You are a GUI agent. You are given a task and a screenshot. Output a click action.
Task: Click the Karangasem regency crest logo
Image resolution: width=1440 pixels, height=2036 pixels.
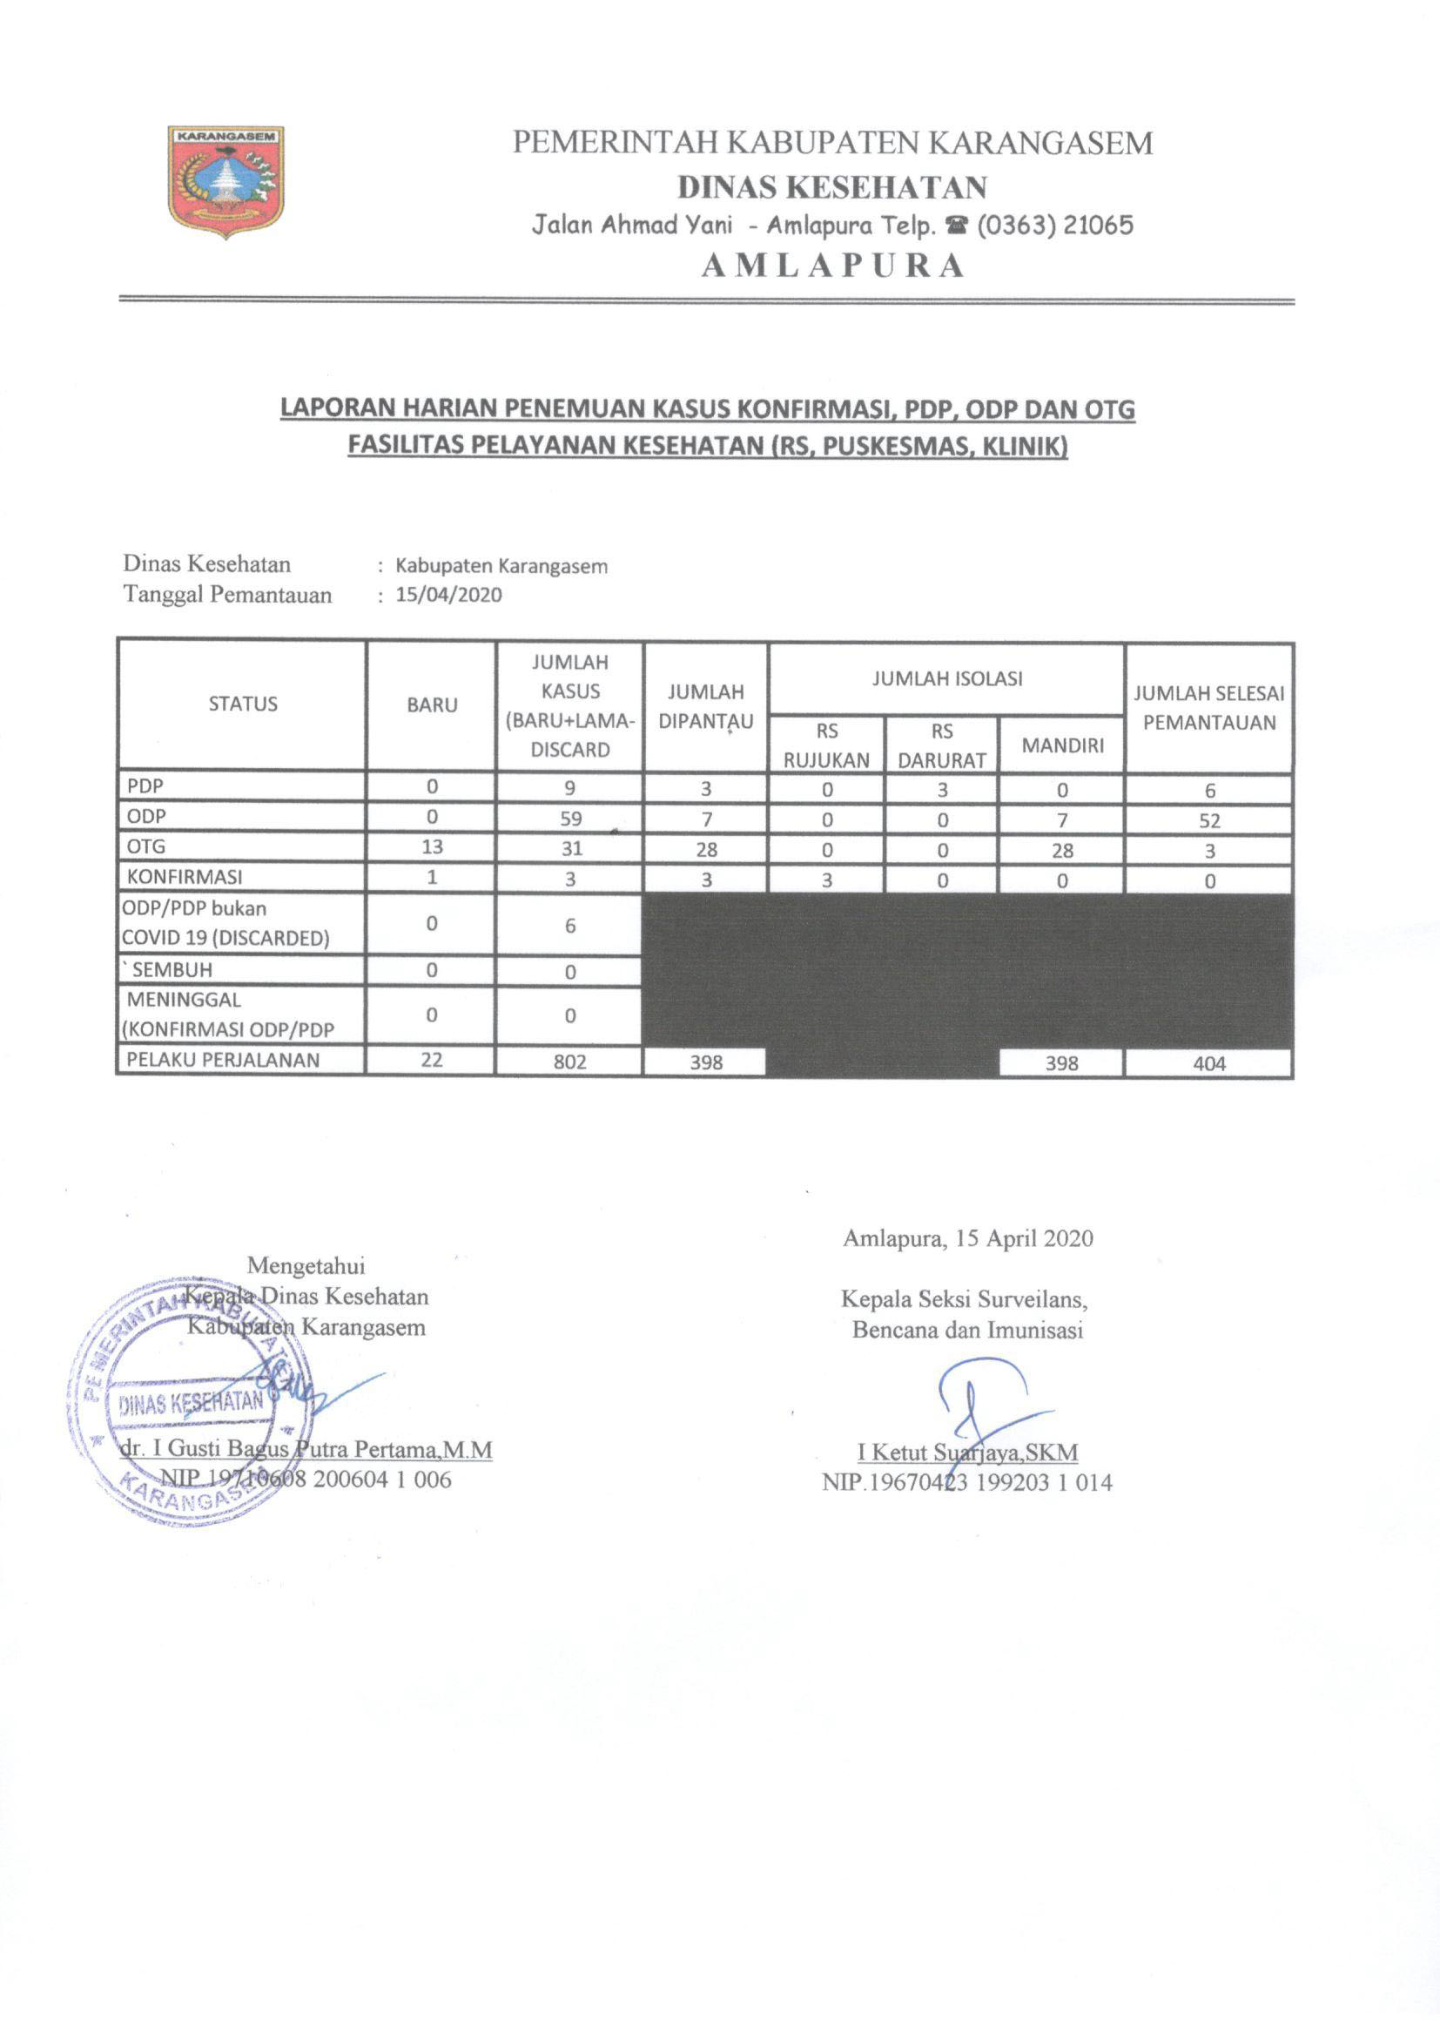227,181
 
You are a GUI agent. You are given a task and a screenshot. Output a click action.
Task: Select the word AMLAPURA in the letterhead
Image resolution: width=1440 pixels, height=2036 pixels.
831,266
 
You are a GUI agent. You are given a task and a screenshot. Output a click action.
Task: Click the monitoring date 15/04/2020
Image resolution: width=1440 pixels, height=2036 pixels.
448,595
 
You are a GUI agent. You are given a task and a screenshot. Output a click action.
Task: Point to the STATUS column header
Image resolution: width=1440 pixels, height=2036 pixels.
243,705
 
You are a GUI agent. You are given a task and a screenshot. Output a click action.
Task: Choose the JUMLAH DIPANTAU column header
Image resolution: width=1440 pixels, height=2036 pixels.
706,707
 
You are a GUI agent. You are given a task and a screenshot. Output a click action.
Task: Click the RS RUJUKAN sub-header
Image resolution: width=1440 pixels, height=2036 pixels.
826,745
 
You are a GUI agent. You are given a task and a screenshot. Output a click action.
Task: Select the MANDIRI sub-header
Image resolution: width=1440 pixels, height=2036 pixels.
1062,745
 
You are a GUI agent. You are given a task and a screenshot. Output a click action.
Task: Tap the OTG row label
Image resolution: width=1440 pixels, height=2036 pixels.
146,846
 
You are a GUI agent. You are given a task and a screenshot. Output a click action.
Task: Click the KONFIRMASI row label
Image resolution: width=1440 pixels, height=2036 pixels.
185,877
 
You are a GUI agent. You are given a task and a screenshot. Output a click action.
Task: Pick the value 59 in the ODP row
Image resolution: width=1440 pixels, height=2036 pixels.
570,819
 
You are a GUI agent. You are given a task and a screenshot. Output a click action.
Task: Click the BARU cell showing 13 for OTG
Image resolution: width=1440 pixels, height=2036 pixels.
432,846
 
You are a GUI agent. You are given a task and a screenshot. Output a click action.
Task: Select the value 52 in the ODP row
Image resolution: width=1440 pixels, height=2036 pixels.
1209,821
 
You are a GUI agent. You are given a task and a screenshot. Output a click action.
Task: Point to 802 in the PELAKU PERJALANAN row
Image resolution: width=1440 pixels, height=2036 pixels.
570,1062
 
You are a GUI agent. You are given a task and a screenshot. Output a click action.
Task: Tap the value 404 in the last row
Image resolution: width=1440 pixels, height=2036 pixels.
1209,1063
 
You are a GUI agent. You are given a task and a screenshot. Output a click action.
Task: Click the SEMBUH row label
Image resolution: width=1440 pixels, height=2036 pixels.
172,970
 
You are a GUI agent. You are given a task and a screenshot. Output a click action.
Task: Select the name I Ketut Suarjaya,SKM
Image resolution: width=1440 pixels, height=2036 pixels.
967,1453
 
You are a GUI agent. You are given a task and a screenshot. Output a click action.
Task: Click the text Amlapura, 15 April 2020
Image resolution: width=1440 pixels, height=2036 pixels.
967,1239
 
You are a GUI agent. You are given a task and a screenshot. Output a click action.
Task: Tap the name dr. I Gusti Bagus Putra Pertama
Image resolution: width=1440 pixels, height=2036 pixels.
306,1449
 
